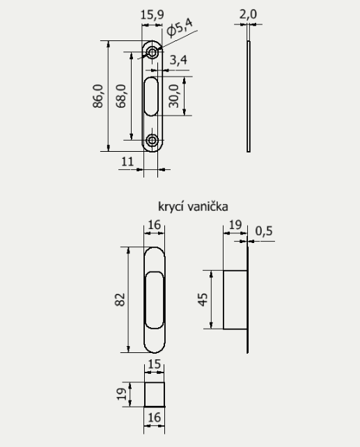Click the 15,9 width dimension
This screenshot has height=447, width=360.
[x=152, y=13]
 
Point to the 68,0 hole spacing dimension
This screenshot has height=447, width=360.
[x=121, y=96]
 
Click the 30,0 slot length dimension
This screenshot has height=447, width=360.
[x=175, y=95]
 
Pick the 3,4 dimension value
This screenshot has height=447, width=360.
[x=178, y=61]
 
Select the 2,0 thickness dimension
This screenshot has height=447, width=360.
[x=249, y=13]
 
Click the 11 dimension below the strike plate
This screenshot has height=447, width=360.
[x=127, y=161]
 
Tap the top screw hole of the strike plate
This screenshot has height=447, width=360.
[x=152, y=52]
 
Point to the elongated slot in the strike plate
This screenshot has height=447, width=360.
[x=152, y=95]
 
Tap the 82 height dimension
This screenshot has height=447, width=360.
[x=119, y=300]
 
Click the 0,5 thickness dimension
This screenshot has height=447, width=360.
[x=264, y=230]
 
